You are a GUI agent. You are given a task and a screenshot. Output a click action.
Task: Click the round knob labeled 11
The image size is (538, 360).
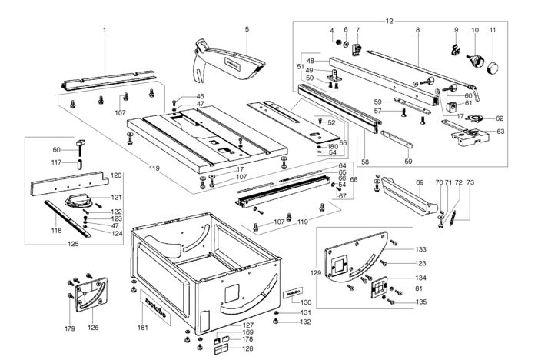coord(493,68)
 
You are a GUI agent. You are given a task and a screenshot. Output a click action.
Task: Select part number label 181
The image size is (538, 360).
coord(143,328)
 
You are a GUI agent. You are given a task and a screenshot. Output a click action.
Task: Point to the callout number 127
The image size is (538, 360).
coord(247,325)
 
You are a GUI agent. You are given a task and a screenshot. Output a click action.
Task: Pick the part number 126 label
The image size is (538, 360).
coord(93,328)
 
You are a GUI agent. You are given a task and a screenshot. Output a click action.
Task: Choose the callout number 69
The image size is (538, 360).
coord(420,182)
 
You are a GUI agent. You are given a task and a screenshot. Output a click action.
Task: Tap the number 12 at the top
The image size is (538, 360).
coord(389,22)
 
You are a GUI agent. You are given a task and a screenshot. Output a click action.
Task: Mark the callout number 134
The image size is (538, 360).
coord(420,278)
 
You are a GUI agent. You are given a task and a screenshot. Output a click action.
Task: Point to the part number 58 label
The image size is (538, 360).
coord(365,162)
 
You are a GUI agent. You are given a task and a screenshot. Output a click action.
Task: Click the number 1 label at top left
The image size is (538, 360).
coord(105,30)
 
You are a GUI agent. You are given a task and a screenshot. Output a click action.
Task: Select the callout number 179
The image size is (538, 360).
coord(70,328)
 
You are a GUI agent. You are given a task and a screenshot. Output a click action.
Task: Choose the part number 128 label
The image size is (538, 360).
coord(247,348)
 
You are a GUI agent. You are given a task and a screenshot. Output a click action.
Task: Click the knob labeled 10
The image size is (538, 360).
coord(474,60)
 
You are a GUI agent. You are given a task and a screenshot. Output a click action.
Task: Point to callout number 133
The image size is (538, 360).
coord(420,249)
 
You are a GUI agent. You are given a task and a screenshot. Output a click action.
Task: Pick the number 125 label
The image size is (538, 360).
coord(73,244)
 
